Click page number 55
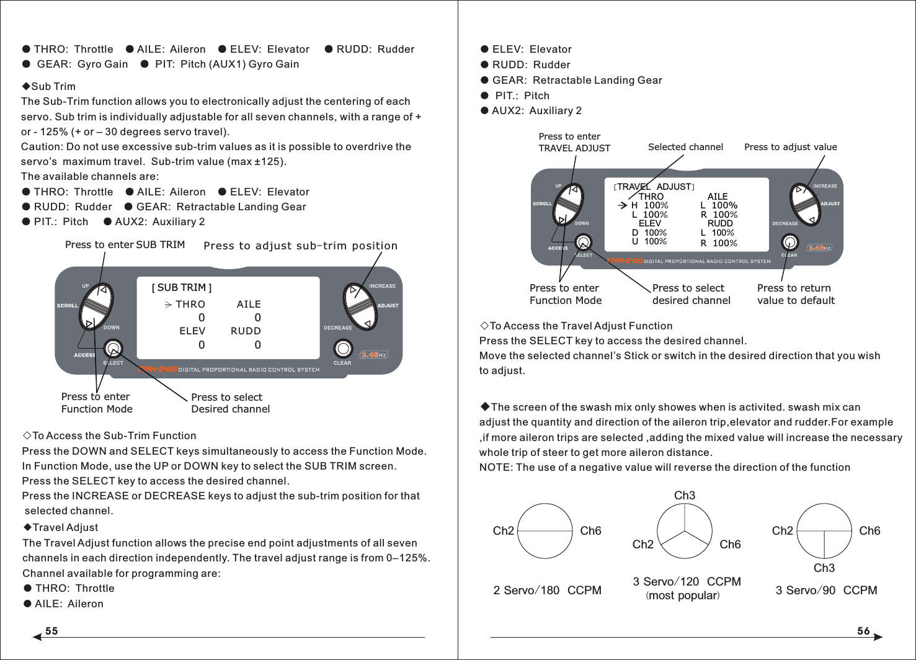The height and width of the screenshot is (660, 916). (51, 631)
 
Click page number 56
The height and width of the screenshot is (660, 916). (863, 631)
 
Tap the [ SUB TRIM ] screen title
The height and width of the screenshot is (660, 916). (182, 288)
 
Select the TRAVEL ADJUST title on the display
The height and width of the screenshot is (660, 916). (654, 187)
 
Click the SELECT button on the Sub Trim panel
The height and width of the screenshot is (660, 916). (113, 348)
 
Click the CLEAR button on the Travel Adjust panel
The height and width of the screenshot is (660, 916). (789, 242)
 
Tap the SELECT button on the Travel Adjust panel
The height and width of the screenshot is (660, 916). (583, 242)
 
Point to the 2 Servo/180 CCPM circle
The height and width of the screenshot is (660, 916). (545, 531)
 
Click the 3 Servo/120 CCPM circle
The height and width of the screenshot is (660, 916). (685, 531)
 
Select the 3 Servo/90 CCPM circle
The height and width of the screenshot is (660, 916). (824, 531)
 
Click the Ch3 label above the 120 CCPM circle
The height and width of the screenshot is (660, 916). (685, 495)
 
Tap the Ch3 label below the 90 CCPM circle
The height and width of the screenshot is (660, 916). (824, 568)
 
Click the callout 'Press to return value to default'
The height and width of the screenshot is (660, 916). (796, 294)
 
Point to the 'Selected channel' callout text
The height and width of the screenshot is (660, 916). (685, 147)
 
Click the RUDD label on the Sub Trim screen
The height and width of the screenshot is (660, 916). (246, 331)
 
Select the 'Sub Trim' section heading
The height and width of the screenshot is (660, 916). (53, 87)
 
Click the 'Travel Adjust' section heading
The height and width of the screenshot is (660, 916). (64, 528)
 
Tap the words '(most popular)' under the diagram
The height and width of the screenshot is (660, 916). (683, 595)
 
